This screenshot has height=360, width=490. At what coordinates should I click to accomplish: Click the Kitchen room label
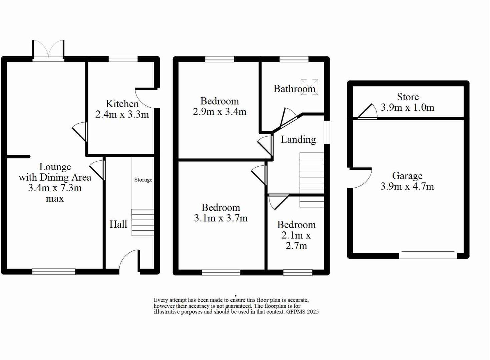tap(122, 104)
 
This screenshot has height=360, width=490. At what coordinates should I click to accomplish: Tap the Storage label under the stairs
tap(143, 180)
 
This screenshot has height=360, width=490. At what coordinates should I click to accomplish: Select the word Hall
tap(118, 224)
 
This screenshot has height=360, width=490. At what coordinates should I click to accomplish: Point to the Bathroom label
tap(294, 89)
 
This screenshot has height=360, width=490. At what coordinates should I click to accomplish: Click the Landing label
tap(298, 139)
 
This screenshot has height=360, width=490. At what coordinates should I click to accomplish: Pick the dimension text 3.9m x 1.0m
tap(407, 107)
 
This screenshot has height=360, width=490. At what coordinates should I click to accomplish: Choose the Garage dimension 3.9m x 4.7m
tap(407, 186)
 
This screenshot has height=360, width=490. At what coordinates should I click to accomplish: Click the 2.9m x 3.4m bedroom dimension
tap(219, 112)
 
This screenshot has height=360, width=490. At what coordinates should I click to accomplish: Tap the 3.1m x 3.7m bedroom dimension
tap(221, 218)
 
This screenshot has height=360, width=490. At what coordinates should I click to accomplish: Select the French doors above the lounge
tap(48, 51)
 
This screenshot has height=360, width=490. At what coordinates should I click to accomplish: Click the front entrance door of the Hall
tap(128, 260)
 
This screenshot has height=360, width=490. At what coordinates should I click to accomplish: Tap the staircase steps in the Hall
tap(143, 222)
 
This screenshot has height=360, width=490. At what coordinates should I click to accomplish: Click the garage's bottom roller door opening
tap(428, 255)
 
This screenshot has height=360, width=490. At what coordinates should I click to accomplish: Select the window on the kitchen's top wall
tap(123, 59)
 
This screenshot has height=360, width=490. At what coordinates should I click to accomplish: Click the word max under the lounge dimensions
tap(55, 199)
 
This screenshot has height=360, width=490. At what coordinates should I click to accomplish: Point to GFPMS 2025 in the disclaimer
tap(302, 312)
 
